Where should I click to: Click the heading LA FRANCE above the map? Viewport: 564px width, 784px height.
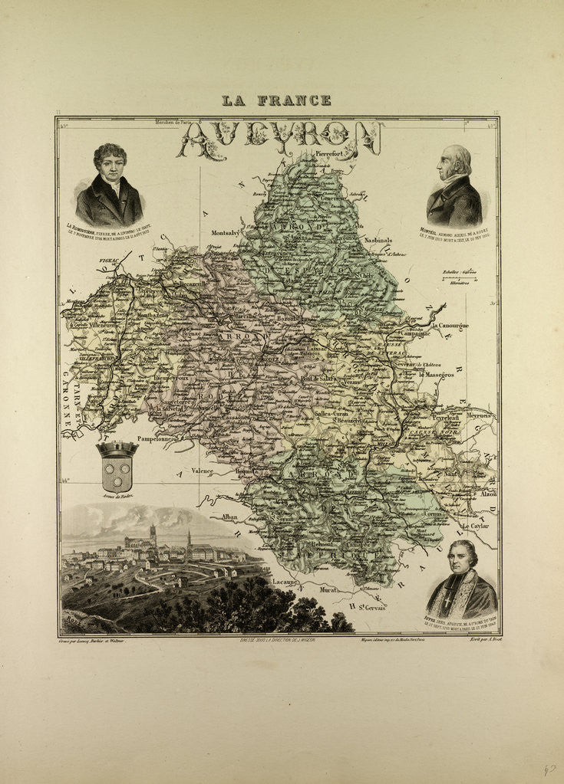(276, 100)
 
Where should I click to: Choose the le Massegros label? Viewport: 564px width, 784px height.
(437, 375)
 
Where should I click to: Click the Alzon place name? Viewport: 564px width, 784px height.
(486, 494)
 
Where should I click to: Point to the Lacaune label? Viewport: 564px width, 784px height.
(285, 582)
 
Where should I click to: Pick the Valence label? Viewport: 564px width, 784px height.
(203, 471)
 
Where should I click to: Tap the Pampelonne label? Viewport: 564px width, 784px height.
(156, 439)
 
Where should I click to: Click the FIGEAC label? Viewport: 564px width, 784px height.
(111, 261)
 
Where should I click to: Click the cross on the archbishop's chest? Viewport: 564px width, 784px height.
(463, 602)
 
